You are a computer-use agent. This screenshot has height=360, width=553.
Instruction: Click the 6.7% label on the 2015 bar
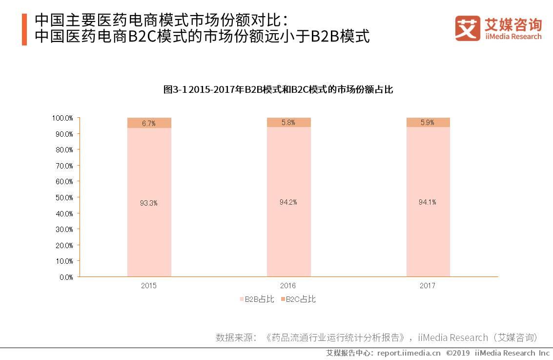pyautogui.click(x=149, y=124)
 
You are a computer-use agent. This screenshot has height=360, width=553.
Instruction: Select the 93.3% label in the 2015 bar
pyautogui.click(x=149, y=203)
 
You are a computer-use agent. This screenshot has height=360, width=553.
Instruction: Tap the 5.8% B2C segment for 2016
pyautogui.click(x=288, y=123)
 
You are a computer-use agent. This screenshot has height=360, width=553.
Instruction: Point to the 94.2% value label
pyautogui.click(x=288, y=202)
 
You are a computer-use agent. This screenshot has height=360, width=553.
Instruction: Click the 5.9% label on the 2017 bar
pyautogui.click(x=428, y=123)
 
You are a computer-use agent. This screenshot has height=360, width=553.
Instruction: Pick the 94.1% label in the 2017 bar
pyautogui.click(x=428, y=202)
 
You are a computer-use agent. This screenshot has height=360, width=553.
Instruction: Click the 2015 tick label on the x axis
pyautogui.click(x=149, y=286)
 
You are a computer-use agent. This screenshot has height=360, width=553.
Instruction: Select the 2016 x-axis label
pyautogui.click(x=288, y=286)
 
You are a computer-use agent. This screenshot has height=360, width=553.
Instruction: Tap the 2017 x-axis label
pyautogui.click(x=428, y=286)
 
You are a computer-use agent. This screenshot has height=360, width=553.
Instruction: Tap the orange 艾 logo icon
pyautogui.click(x=468, y=28)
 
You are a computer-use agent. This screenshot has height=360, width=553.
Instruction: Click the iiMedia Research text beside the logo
pyautogui.click(x=512, y=37)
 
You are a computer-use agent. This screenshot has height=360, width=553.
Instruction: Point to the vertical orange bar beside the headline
pyautogui.click(x=24, y=30)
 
